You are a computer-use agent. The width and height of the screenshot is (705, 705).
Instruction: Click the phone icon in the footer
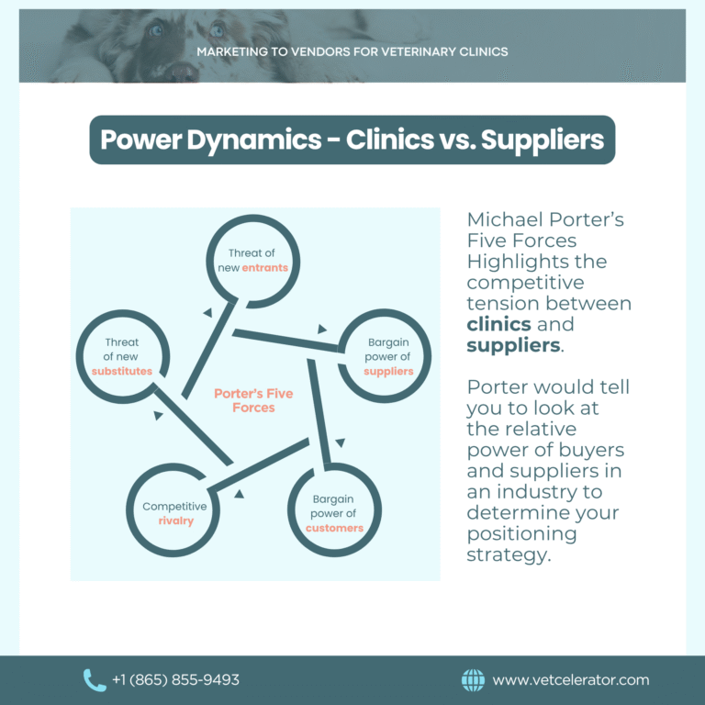[x=95, y=680]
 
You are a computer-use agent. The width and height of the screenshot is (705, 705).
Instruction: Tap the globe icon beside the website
[x=473, y=680]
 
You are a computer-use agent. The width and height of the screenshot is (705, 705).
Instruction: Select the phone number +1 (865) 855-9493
[x=175, y=680]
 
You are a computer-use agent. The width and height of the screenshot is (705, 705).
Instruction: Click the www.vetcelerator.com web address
[x=570, y=680]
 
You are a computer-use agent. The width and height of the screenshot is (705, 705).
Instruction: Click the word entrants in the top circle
[x=265, y=268]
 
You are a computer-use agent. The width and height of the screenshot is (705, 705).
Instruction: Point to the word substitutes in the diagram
[x=121, y=371]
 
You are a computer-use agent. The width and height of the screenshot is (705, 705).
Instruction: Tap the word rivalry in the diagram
[x=174, y=521]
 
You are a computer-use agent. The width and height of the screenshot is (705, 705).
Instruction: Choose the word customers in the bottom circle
[x=334, y=528]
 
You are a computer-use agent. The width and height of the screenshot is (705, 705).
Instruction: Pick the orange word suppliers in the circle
[x=388, y=372]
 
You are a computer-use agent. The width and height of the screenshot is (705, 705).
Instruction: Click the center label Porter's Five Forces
[x=253, y=400]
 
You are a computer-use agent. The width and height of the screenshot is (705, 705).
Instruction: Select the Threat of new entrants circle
[x=252, y=261]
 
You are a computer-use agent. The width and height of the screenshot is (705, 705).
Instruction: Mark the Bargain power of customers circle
[x=333, y=513]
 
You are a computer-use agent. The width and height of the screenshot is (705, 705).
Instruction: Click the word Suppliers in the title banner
[x=543, y=140]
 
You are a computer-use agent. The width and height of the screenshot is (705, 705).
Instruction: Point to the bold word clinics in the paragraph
[x=498, y=325]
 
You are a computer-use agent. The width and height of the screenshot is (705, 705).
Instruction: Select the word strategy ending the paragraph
[x=509, y=555]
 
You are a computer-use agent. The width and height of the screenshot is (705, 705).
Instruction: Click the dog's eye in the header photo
[x=217, y=29]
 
